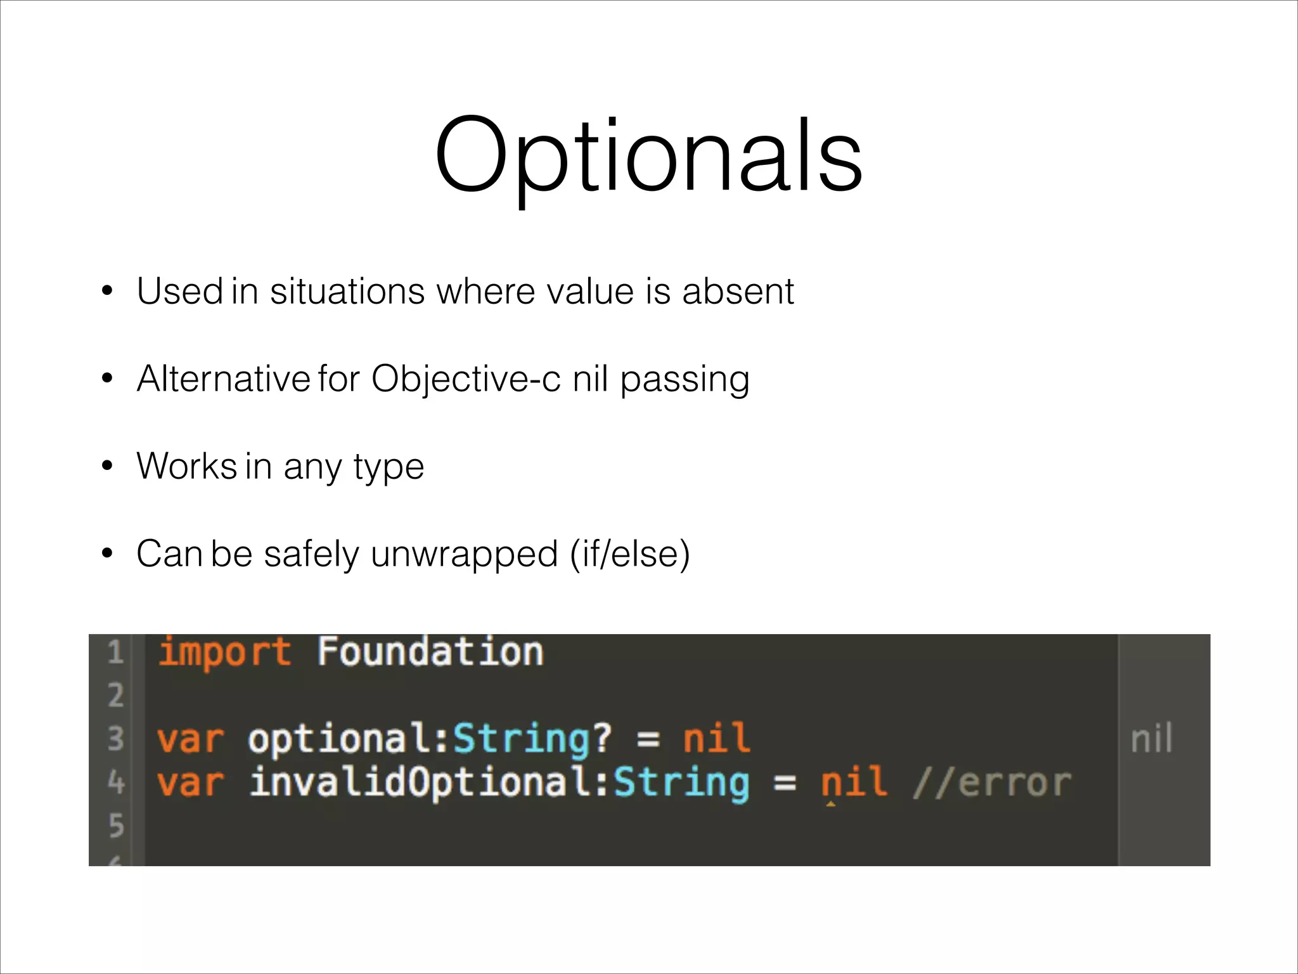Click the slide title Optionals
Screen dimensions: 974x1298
point(648,155)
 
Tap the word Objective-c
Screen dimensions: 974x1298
point(466,379)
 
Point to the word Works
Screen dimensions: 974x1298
point(186,467)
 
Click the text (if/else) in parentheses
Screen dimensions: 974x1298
point(629,554)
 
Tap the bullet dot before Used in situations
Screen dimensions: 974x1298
point(107,292)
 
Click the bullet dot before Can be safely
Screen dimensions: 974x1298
point(107,554)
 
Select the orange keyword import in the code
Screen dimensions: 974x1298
point(224,653)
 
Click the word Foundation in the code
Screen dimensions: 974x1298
point(430,652)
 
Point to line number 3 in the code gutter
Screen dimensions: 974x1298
point(115,739)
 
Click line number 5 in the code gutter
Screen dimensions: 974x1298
point(116,826)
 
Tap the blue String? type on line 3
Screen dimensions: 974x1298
point(532,739)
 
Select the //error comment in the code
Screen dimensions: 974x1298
point(992,782)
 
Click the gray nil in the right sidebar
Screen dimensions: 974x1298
point(1152,739)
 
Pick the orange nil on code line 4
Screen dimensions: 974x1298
point(854,782)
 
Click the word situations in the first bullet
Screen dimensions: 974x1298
point(347,292)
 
